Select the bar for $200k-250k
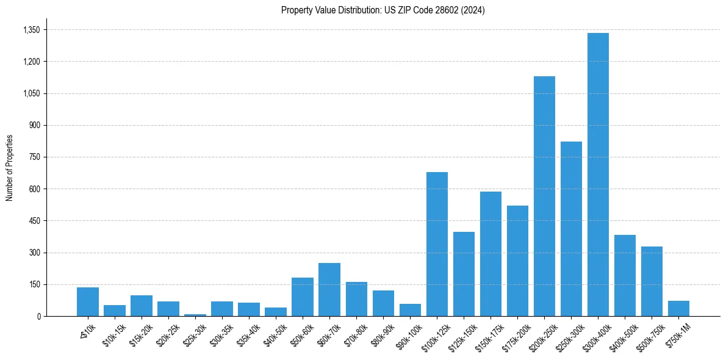click(x=544, y=196)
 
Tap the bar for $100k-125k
click(x=437, y=244)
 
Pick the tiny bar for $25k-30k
click(x=195, y=315)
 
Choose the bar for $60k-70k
click(x=329, y=289)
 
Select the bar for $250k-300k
click(x=571, y=229)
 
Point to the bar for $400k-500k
click(x=625, y=275)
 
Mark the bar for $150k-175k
click(x=491, y=254)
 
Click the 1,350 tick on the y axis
click(x=31, y=30)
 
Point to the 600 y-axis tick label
click(x=34, y=189)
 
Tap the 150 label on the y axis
click(x=34, y=284)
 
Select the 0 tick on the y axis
click(x=38, y=316)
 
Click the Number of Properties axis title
click(x=9, y=168)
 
